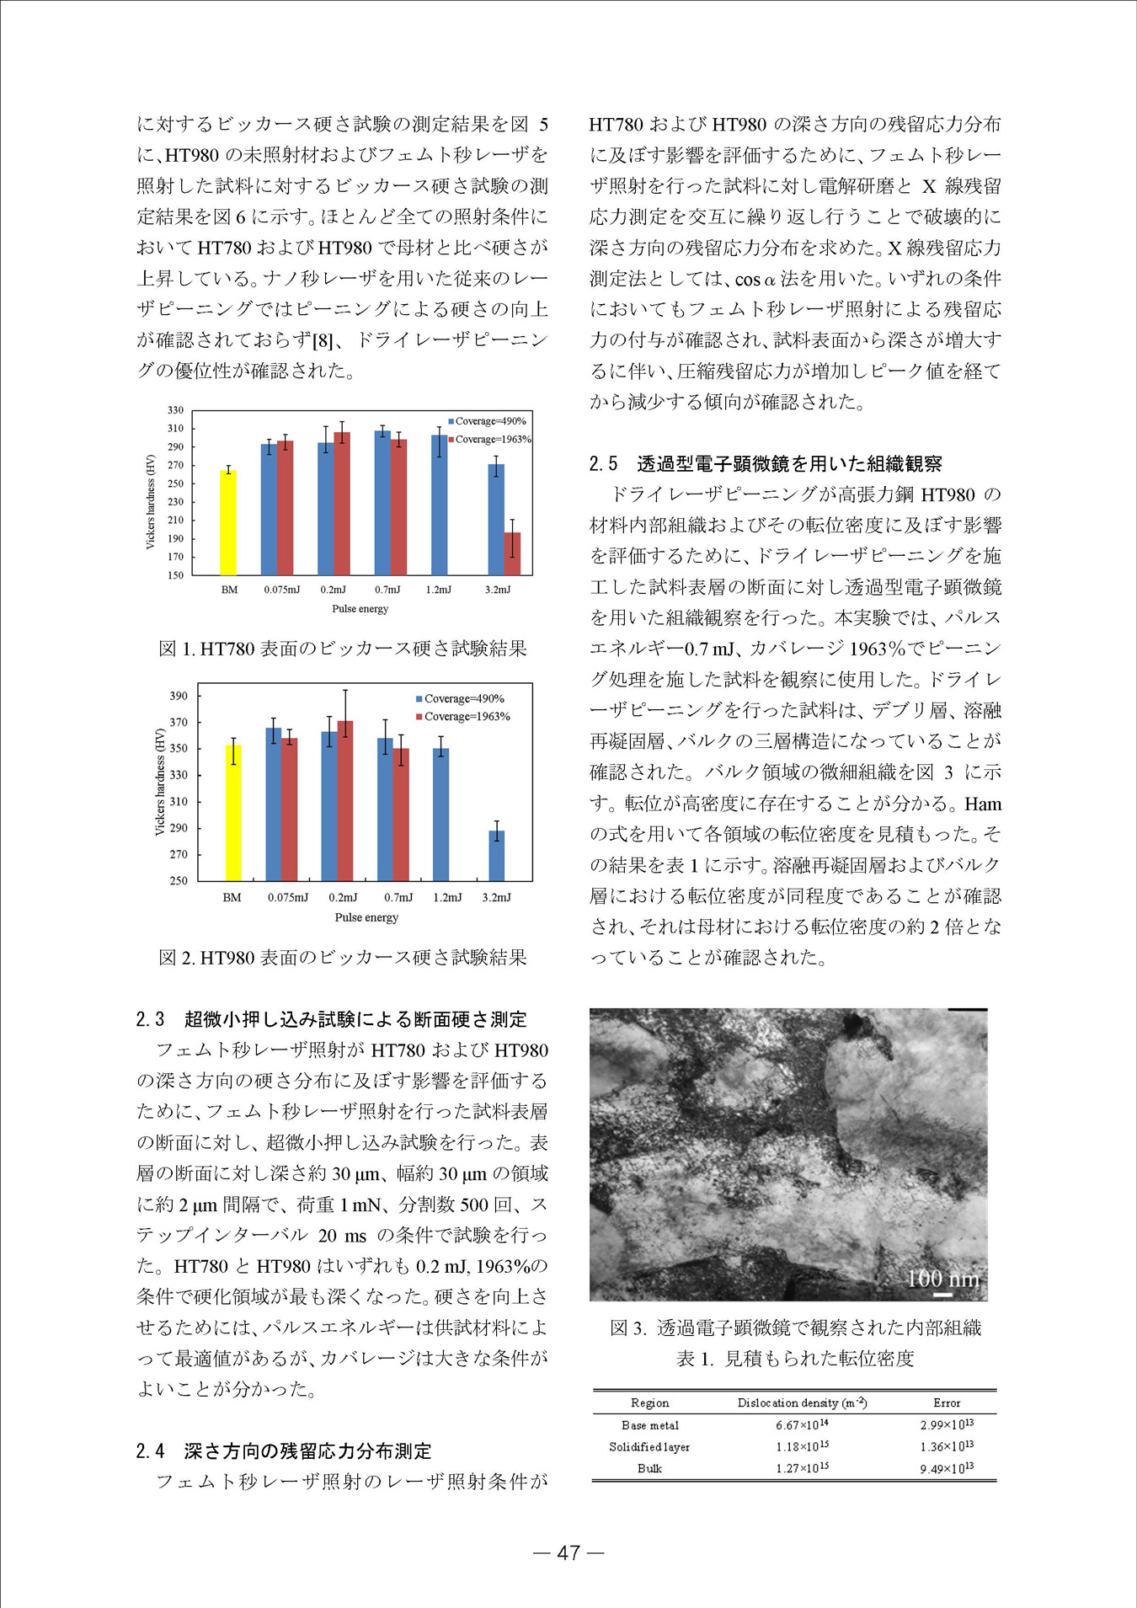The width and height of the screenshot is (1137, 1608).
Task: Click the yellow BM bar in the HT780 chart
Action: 228,522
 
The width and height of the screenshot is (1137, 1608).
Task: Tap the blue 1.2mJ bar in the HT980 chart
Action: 440,814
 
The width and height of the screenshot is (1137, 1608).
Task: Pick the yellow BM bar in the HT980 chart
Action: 233,812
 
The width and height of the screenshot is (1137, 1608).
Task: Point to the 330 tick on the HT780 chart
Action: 175,410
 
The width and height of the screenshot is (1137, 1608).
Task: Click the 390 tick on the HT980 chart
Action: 179,697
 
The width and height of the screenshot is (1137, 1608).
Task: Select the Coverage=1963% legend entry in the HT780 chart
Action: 489,439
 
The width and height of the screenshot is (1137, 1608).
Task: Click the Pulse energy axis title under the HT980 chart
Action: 366,917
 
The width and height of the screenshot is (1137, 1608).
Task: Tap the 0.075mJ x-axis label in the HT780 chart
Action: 281,590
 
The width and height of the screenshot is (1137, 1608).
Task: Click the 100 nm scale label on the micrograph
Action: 942,1279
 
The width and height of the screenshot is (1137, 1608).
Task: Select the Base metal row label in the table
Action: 649,1425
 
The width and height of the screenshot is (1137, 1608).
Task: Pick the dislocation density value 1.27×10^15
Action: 801,1468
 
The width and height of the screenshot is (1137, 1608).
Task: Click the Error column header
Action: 946,1402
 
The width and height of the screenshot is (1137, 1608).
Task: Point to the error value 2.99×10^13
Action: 946,1425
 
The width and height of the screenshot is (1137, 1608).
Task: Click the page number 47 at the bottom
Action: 568,1552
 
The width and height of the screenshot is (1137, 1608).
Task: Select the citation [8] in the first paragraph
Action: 323,340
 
